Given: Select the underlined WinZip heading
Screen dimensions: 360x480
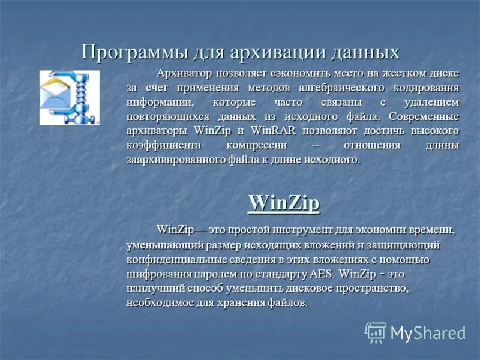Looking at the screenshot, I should coord(284,202).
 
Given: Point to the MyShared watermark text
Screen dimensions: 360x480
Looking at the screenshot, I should coord(428,332).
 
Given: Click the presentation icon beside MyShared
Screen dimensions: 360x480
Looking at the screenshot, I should coord(376,332).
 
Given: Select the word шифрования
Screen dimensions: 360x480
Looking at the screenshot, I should coord(155,274).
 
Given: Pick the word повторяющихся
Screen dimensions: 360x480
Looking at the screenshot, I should coord(163,116).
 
